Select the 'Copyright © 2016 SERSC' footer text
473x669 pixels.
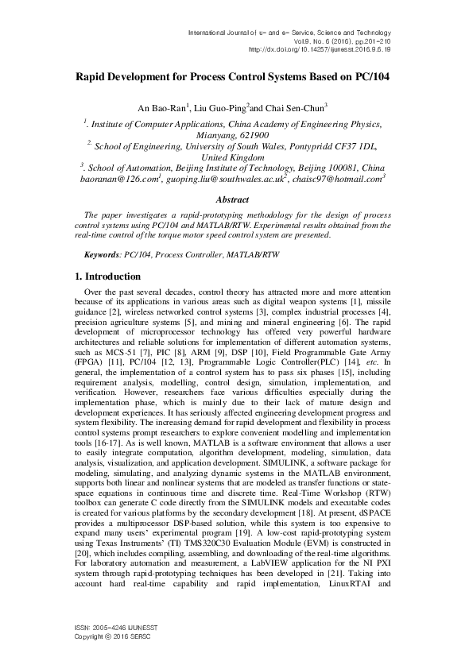113,659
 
